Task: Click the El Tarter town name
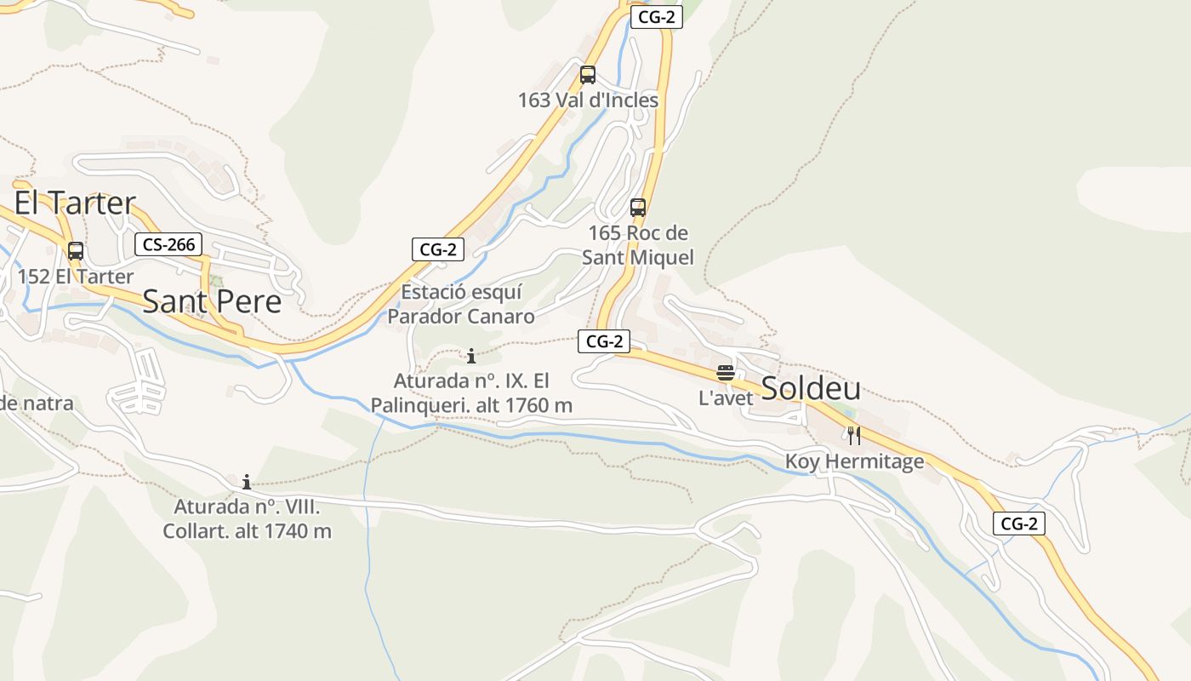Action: pos(75,203)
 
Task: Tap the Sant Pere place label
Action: pos(212,301)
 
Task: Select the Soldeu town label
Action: pos(811,388)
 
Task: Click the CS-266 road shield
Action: pos(169,245)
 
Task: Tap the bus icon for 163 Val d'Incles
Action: pos(588,75)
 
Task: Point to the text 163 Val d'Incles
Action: pos(588,100)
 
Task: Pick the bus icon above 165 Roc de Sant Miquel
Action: pos(638,208)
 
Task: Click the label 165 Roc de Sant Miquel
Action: pos(638,245)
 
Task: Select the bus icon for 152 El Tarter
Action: pos(76,251)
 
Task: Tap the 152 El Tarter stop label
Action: pos(76,277)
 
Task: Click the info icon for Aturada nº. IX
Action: pos(471,356)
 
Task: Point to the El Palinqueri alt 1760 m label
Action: pos(471,393)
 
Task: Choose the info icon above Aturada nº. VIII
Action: pos(247,482)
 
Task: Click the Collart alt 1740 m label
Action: pos(247,519)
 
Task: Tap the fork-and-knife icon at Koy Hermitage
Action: pos(854,436)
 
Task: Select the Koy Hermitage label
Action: pos(854,462)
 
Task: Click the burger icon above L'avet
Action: pos(726,372)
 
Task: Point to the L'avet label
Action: pos(726,398)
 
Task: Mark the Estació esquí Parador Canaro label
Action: pos(461,305)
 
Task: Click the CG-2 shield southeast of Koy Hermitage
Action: pos(1019,524)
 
